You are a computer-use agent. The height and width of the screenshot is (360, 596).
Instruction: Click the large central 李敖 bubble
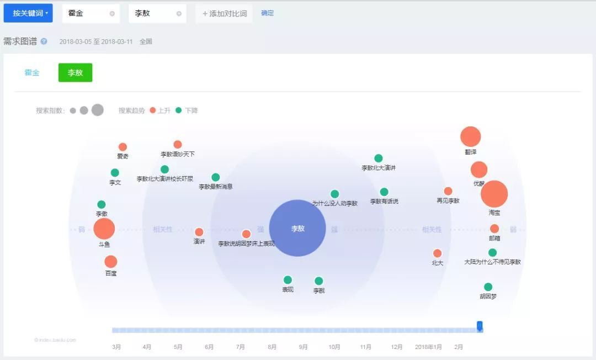tap(297, 228)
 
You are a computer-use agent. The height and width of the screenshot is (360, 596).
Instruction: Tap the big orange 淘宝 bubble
tap(494, 194)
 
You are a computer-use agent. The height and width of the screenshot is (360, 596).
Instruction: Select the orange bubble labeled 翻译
tap(471, 137)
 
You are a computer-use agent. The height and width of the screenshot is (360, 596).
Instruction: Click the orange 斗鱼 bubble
tap(104, 229)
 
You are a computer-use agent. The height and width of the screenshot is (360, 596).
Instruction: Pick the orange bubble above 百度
tap(111, 262)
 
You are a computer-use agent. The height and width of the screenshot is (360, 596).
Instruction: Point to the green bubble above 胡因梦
tap(488, 287)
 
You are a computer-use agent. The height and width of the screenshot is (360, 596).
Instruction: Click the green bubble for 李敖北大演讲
tap(378, 158)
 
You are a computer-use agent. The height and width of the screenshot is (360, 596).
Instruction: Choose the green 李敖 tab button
tap(75, 72)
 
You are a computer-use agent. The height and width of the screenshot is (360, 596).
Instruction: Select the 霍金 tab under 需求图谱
tap(32, 72)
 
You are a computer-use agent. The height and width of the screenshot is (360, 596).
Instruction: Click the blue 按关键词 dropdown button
tap(28, 13)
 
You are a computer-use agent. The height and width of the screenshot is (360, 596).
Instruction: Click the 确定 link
tap(267, 13)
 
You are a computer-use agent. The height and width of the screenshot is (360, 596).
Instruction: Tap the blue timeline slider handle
tap(480, 326)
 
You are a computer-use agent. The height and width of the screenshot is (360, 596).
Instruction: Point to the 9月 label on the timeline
tap(303, 347)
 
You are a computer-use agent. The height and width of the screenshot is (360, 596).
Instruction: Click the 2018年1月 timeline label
tap(428, 347)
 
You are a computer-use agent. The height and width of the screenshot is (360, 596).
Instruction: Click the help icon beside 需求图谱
tap(44, 41)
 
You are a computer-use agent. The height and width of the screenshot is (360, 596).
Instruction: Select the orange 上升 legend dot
tap(153, 110)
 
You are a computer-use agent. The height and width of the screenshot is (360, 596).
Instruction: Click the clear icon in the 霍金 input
tap(112, 13)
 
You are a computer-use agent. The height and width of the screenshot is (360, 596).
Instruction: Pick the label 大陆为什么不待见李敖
tap(492, 262)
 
